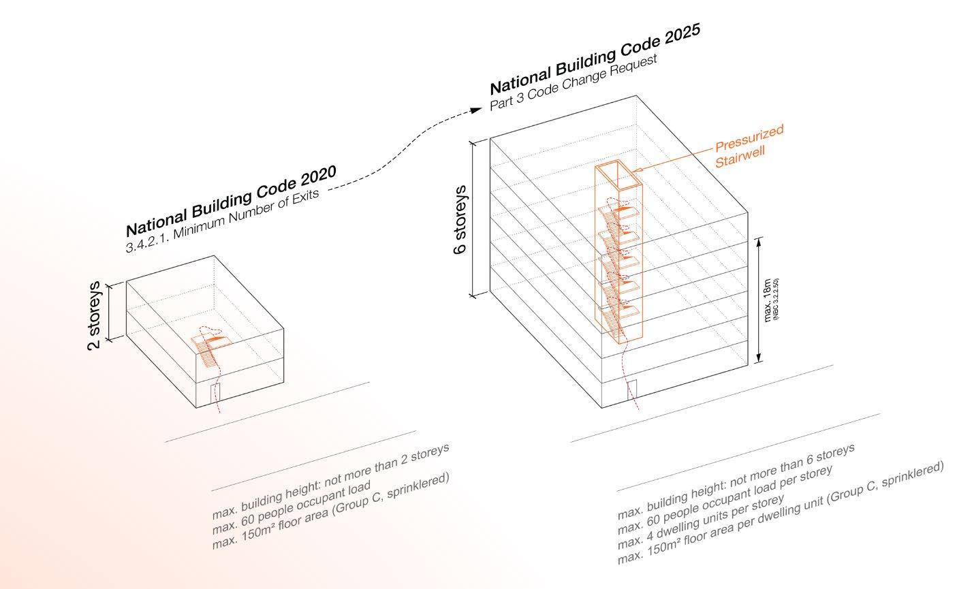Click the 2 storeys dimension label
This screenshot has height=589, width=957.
click(x=95, y=315)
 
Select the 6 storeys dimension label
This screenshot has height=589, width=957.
click(x=460, y=219)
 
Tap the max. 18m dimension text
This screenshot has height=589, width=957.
click(x=768, y=300)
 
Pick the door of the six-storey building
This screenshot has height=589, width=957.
click(x=631, y=389)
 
